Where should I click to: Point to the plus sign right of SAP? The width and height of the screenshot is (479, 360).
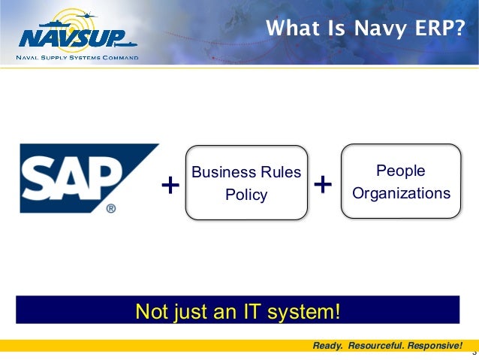tap(171, 185)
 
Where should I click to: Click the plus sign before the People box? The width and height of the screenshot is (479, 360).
tap(322, 183)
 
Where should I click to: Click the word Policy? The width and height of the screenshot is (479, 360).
tap(246, 195)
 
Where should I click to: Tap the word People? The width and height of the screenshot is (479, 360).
tap(401, 171)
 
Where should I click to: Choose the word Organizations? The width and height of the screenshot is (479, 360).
tap(401, 193)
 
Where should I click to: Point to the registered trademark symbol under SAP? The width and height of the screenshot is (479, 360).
tap(110, 208)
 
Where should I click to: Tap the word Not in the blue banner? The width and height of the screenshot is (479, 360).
tap(149, 310)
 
